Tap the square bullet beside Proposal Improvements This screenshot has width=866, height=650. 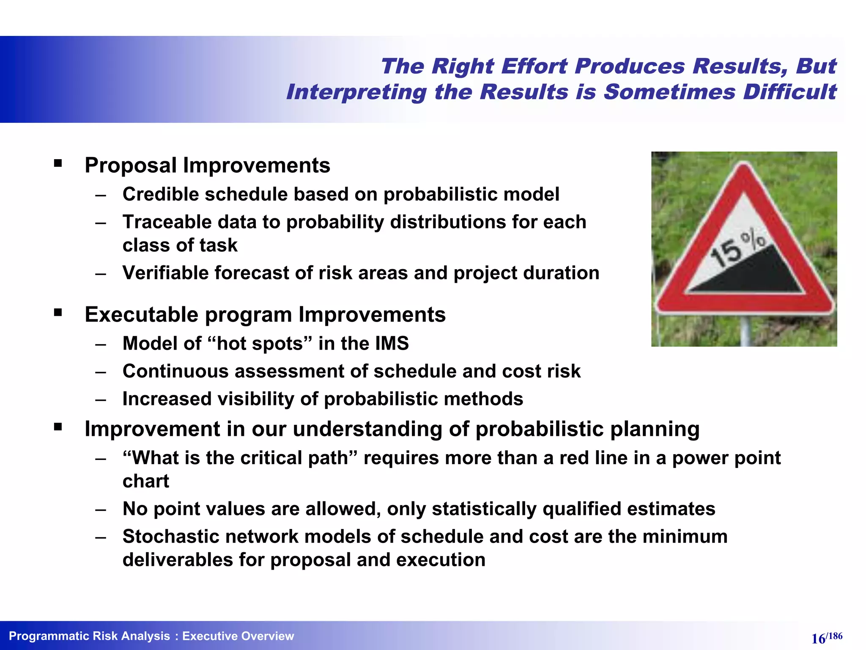(58, 164)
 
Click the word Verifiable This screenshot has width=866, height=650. (164, 273)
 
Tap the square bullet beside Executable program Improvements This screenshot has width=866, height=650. (58, 313)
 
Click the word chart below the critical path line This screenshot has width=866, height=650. (145, 481)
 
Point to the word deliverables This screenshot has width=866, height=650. (177, 560)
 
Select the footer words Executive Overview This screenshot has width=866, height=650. (238, 636)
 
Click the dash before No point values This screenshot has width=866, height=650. (100, 510)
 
